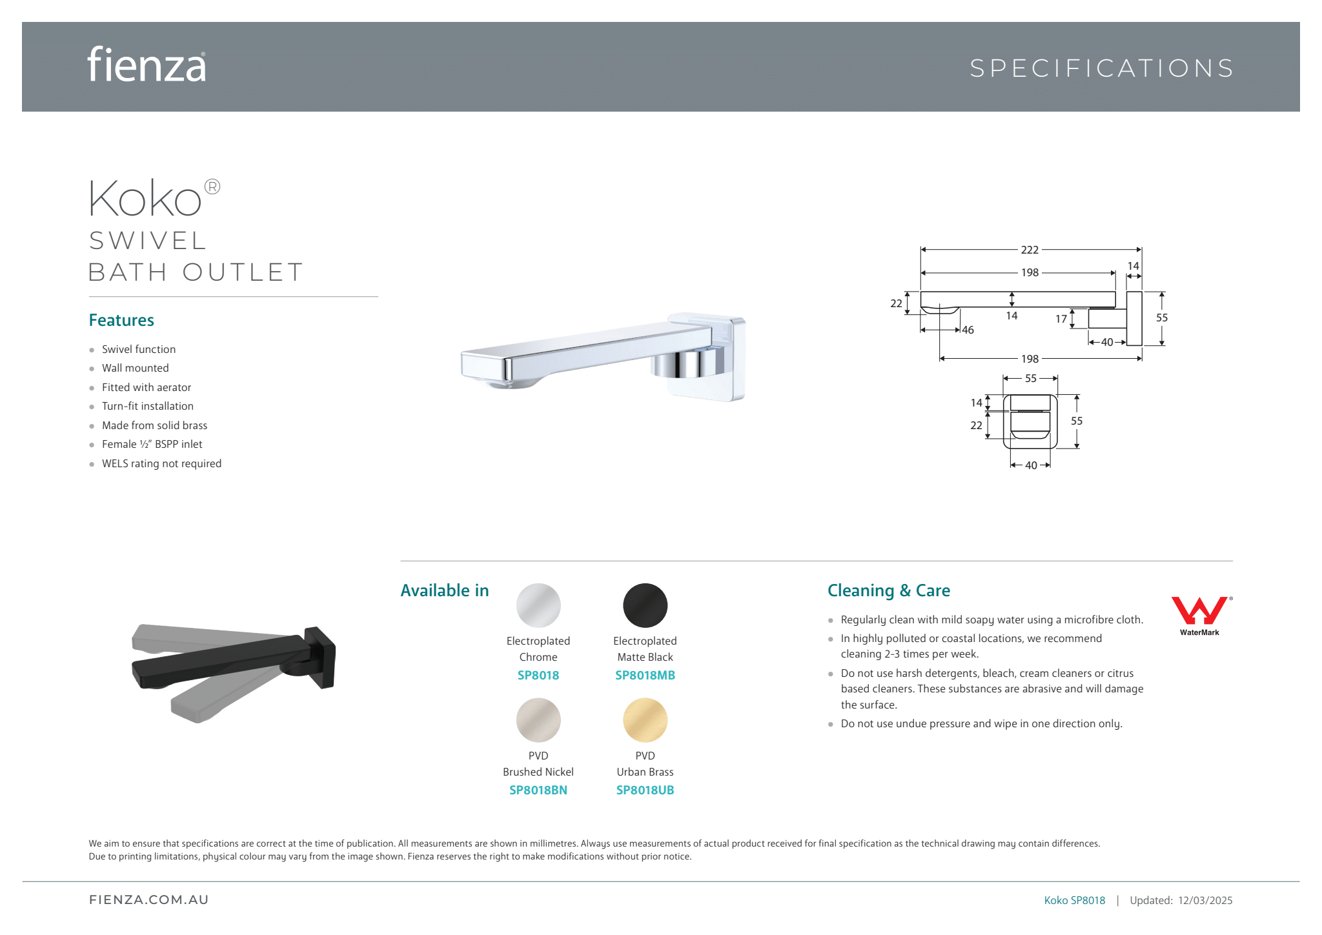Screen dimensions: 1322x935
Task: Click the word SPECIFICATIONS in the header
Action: [x=1102, y=68]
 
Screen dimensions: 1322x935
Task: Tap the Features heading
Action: [x=121, y=320]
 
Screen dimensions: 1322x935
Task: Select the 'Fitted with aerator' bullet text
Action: [x=147, y=387]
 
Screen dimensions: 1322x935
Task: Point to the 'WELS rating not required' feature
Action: [x=161, y=463]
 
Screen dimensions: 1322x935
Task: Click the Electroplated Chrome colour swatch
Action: [x=538, y=605]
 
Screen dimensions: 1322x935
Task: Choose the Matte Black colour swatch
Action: [x=645, y=605]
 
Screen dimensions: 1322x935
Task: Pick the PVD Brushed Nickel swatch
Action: [x=538, y=720]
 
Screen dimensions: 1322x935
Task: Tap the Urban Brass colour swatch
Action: [x=645, y=720]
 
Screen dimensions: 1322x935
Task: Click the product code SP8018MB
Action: [x=645, y=676]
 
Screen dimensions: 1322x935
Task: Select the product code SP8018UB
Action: [x=645, y=790]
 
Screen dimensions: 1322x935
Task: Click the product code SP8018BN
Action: [x=538, y=790]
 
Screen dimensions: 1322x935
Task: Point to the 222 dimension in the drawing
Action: [x=1030, y=250]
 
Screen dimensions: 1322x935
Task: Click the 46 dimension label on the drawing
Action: [x=968, y=330]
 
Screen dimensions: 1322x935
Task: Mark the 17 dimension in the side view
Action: [x=1061, y=319]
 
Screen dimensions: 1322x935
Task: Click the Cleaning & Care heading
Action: [x=889, y=590]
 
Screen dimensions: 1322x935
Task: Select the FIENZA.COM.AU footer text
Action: [x=149, y=900]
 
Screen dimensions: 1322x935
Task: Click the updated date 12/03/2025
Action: [x=1205, y=900]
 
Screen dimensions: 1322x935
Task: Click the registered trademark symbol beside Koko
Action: [x=212, y=187]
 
